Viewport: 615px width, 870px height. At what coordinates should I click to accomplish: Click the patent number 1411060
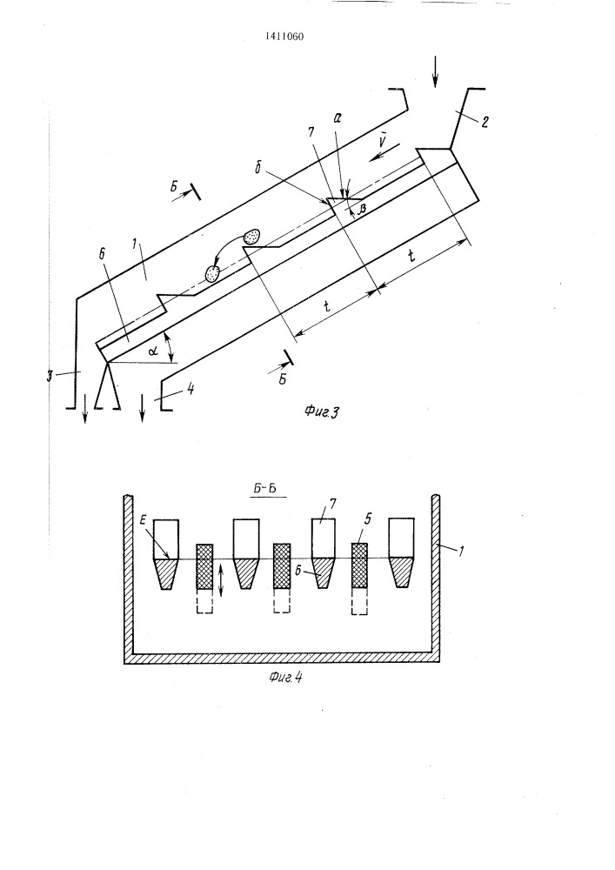point(284,37)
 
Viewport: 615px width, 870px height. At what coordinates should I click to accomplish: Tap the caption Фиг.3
point(322,412)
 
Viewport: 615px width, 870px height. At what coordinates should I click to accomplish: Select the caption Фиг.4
point(285,678)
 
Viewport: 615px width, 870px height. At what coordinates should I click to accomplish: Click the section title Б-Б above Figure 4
point(269,489)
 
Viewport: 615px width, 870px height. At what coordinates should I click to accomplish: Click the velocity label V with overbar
point(382,141)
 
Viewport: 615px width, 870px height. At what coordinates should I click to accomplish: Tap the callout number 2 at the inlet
point(485,122)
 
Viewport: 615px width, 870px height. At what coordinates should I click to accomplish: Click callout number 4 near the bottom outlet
point(191,389)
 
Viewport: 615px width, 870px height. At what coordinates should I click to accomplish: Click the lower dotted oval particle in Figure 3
point(213,272)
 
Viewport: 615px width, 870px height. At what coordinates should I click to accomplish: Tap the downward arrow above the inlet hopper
point(435,71)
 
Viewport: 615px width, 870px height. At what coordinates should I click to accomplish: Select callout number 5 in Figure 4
point(368,519)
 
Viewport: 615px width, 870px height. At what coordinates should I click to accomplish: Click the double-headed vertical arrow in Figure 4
point(221,580)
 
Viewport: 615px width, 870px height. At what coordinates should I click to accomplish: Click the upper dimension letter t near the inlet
point(411,256)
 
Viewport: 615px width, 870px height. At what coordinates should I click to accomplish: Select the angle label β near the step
point(364,207)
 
